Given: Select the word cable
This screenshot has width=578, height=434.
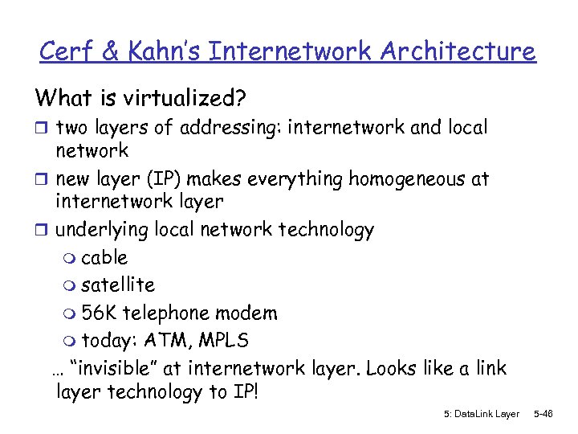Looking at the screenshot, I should pos(104,258).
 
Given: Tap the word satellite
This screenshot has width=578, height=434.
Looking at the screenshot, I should pos(118,285).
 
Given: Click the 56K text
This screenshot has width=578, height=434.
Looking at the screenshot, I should pos(100,313).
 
